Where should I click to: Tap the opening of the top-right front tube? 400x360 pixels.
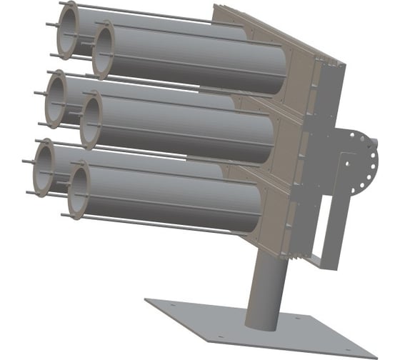(x=108, y=49)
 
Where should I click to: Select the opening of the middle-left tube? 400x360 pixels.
(x=59, y=99)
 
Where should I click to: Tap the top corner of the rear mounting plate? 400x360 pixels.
(x=215, y=7)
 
